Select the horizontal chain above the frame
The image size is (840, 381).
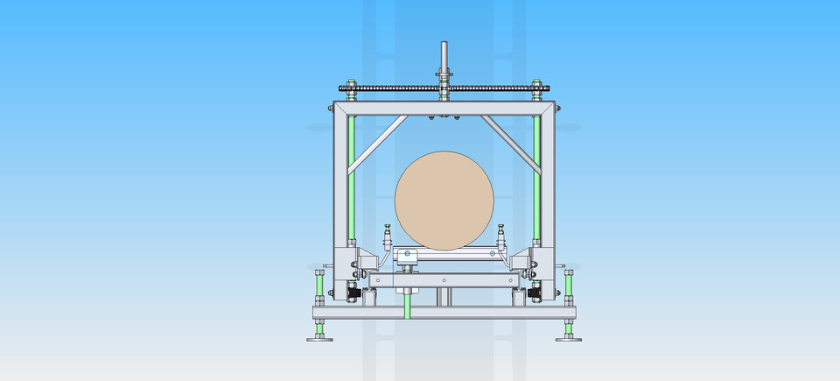pyautogui.click(x=394, y=88)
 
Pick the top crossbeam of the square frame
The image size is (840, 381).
pyautogui.click(x=444, y=109)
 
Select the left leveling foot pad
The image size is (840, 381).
pyautogui.click(x=319, y=337)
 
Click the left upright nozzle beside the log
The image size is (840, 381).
pyautogui.click(x=387, y=237)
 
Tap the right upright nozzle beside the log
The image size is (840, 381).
pyautogui.click(x=501, y=237)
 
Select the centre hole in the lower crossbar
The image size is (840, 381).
pyautogui.click(x=444, y=280)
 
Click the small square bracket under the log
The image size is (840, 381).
pyautogui.click(x=406, y=257)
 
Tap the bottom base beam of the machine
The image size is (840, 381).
pyautogui.click(x=444, y=313)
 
